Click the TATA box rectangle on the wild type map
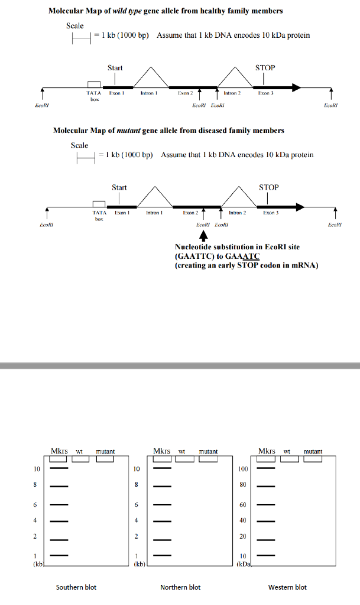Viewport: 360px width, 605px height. pos(93,84)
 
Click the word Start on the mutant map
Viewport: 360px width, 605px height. pos(119,187)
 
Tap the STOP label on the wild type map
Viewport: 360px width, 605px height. pos(265,67)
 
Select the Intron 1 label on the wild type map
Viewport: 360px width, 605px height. pos(147,93)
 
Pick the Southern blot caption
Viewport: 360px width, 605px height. pos(76,587)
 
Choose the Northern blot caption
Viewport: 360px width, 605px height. pos(180,587)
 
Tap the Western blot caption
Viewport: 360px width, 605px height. pos(287,587)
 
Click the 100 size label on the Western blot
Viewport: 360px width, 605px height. pos(243,469)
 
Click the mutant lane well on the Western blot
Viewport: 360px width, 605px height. pos(313,459)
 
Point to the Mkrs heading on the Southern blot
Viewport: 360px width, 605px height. pos(59,451)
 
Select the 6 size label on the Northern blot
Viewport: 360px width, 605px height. pos(137,505)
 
